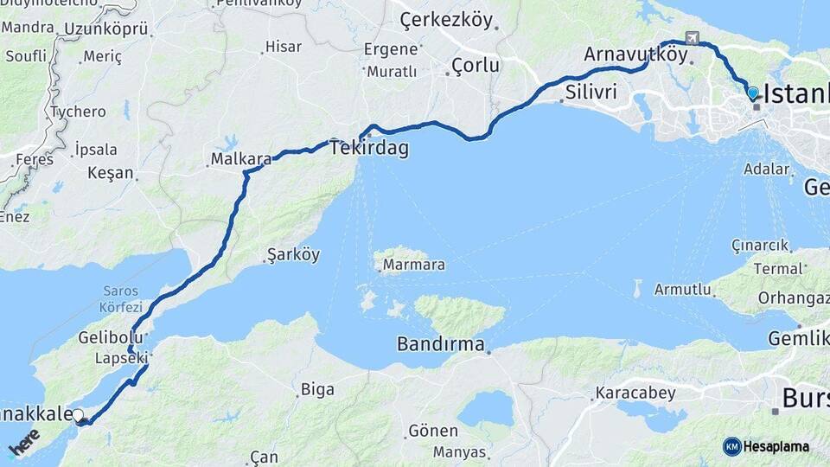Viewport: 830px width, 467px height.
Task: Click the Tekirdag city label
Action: (369, 149)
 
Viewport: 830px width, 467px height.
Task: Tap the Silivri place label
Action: (591, 92)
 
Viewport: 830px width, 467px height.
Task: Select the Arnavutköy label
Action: (635, 54)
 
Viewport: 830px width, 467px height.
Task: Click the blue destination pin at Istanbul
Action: (753, 93)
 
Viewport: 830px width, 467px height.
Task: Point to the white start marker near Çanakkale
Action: (79, 416)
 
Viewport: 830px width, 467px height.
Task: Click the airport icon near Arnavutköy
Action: (691, 38)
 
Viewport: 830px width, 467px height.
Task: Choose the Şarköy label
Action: (294, 255)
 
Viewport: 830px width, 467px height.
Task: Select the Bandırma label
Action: (441, 344)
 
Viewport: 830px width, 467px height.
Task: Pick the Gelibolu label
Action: (104, 336)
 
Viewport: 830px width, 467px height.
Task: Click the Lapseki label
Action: (122, 356)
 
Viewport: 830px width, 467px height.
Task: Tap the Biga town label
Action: (317, 389)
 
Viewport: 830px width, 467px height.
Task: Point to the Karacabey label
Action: (635, 393)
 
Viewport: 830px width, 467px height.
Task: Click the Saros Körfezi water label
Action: (120, 298)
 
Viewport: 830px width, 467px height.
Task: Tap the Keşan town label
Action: (111, 173)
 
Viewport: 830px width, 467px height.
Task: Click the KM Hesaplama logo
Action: (766, 446)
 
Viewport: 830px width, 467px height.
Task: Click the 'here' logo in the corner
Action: (25, 443)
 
